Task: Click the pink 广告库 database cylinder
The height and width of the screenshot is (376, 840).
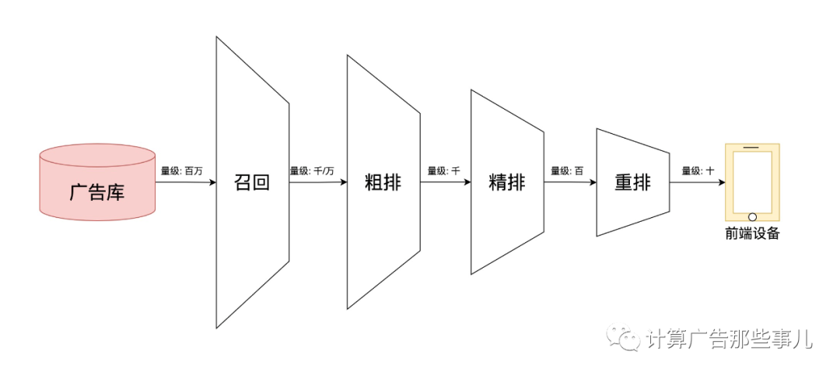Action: (96, 182)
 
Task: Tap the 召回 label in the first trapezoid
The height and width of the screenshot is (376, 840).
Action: (252, 183)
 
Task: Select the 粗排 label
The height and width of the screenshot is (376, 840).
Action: (383, 183)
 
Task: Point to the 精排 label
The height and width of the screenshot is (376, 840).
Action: (507, 183)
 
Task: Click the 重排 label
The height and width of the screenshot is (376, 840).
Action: (632, 183)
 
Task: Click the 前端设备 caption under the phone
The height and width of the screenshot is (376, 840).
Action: (752, 233)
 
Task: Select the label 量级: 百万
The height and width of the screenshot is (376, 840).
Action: (182, 170)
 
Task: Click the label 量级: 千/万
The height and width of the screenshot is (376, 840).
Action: (312, 170)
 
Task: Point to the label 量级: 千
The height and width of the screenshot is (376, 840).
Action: (444, 170)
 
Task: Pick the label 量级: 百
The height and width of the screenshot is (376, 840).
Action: (567, 170)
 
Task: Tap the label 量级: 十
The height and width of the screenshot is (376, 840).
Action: (698, 170)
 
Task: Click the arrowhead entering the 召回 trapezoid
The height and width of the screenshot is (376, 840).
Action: (212, 183)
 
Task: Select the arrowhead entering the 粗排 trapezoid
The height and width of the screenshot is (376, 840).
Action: (343, 183)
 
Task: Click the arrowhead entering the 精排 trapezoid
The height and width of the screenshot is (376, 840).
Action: (467, 183)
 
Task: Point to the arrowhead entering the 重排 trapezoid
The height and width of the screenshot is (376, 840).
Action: (592, 183)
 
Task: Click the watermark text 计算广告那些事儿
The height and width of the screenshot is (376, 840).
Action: (729, 339)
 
